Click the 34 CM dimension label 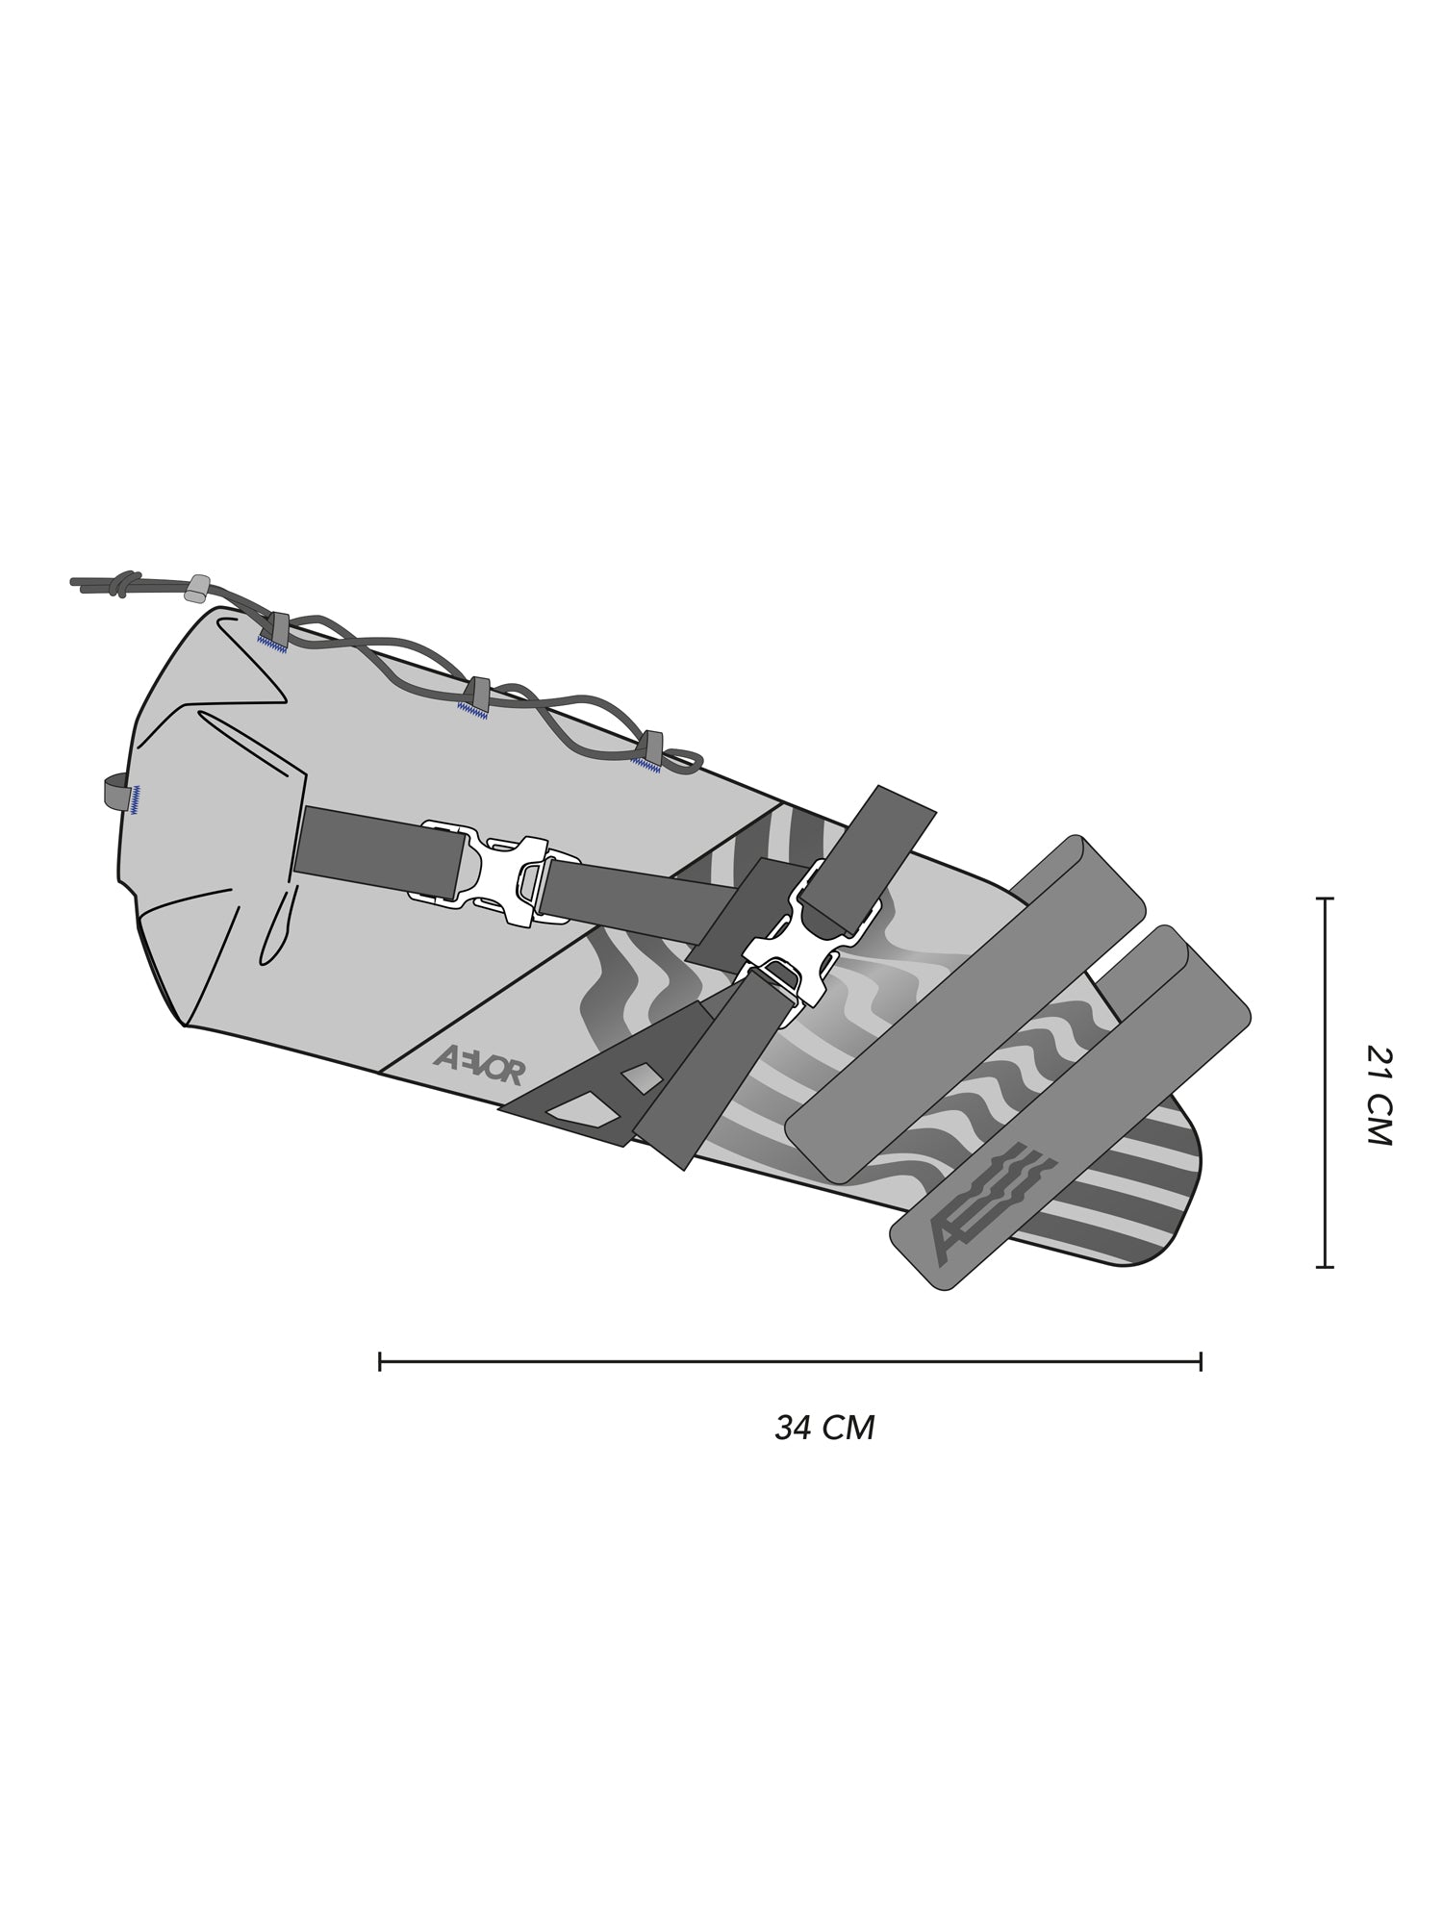[x=824, y=1428]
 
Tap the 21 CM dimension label [x=1379, y=1095]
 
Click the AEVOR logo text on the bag [x=478, y=1065]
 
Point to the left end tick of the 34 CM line [x=381, y=1361]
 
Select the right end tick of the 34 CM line [x=1201, y=1361]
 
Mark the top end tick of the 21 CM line [x=1325, y=899]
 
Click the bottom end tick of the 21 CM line [x=1325, y=1267]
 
